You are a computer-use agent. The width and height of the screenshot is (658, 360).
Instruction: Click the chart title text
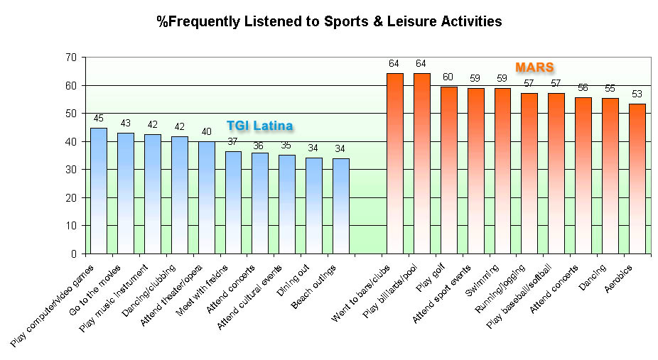(329, 21)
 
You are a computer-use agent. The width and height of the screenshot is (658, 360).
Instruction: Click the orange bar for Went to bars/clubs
(395, 163)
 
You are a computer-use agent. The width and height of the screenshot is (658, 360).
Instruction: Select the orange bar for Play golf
(449, 170)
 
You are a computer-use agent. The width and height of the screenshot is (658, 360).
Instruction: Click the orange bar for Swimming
(503, 170)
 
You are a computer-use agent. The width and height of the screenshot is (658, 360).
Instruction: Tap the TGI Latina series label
(260, 126)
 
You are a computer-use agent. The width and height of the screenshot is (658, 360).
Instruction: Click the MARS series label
(534, 67)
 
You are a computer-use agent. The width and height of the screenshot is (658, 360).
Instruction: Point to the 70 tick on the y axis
(70, 58)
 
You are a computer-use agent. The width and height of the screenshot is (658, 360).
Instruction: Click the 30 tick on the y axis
(70, 170)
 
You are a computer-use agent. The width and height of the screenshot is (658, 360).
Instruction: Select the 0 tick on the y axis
(72, 253)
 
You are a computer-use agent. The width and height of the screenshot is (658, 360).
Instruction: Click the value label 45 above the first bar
(99, 119)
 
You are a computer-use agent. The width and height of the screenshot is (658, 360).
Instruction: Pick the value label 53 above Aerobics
(637, 94)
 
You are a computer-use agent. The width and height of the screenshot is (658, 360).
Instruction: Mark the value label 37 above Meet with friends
(233, 141)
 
